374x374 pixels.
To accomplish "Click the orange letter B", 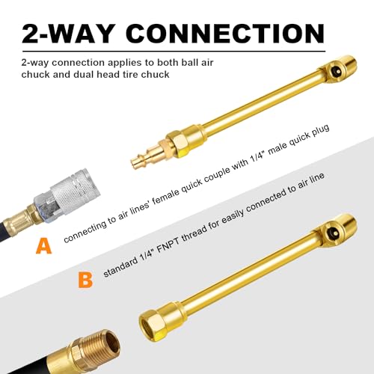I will (87, 280).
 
